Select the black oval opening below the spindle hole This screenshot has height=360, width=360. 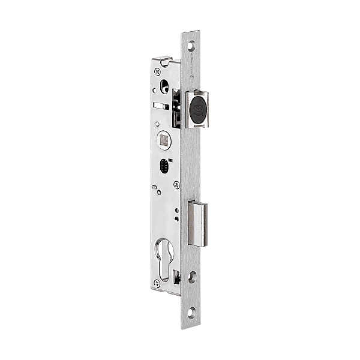[164, 166]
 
